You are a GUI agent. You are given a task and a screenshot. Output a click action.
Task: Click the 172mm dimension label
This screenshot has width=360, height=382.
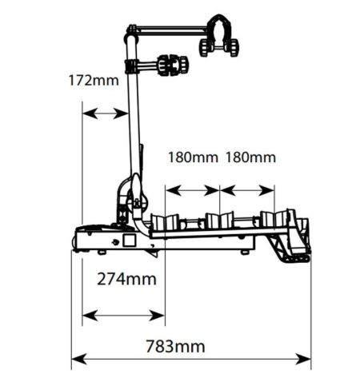(x=94, y=81)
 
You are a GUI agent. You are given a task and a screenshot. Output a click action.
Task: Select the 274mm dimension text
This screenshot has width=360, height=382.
(x=126, y=280)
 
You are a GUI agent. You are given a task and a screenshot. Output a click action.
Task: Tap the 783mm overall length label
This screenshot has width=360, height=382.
(x=175, y=347)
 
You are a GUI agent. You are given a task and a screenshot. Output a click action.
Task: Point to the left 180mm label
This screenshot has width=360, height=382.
(x=193, y=157)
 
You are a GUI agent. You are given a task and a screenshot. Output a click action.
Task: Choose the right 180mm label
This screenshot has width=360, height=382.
(x=250, y=157)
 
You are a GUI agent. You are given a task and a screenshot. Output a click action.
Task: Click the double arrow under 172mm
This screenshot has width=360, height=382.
(x=105, y=113)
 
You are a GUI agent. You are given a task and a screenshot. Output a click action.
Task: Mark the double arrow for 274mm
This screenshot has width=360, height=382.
(x=123, y=316)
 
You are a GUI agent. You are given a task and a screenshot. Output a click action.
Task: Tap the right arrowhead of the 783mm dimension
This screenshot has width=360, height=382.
(x=303, y=359)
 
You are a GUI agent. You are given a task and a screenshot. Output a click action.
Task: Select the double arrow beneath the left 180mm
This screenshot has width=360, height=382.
(x=192, y=190)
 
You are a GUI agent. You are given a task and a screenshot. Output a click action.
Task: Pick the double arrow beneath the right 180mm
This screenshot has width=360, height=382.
(x=247, y=190)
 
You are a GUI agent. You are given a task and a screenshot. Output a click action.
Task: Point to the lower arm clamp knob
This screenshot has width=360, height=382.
(x=173, y=66)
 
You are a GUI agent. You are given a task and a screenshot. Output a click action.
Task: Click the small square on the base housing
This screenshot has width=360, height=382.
(x=130, y=240)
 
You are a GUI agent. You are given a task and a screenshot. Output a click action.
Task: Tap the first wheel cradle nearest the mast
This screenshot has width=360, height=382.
(x=166, y=221)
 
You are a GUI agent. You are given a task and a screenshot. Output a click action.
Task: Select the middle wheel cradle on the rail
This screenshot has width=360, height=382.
(x=220, y=221)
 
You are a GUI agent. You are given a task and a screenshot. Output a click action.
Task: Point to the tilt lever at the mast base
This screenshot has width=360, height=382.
(x=138, y=189)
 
